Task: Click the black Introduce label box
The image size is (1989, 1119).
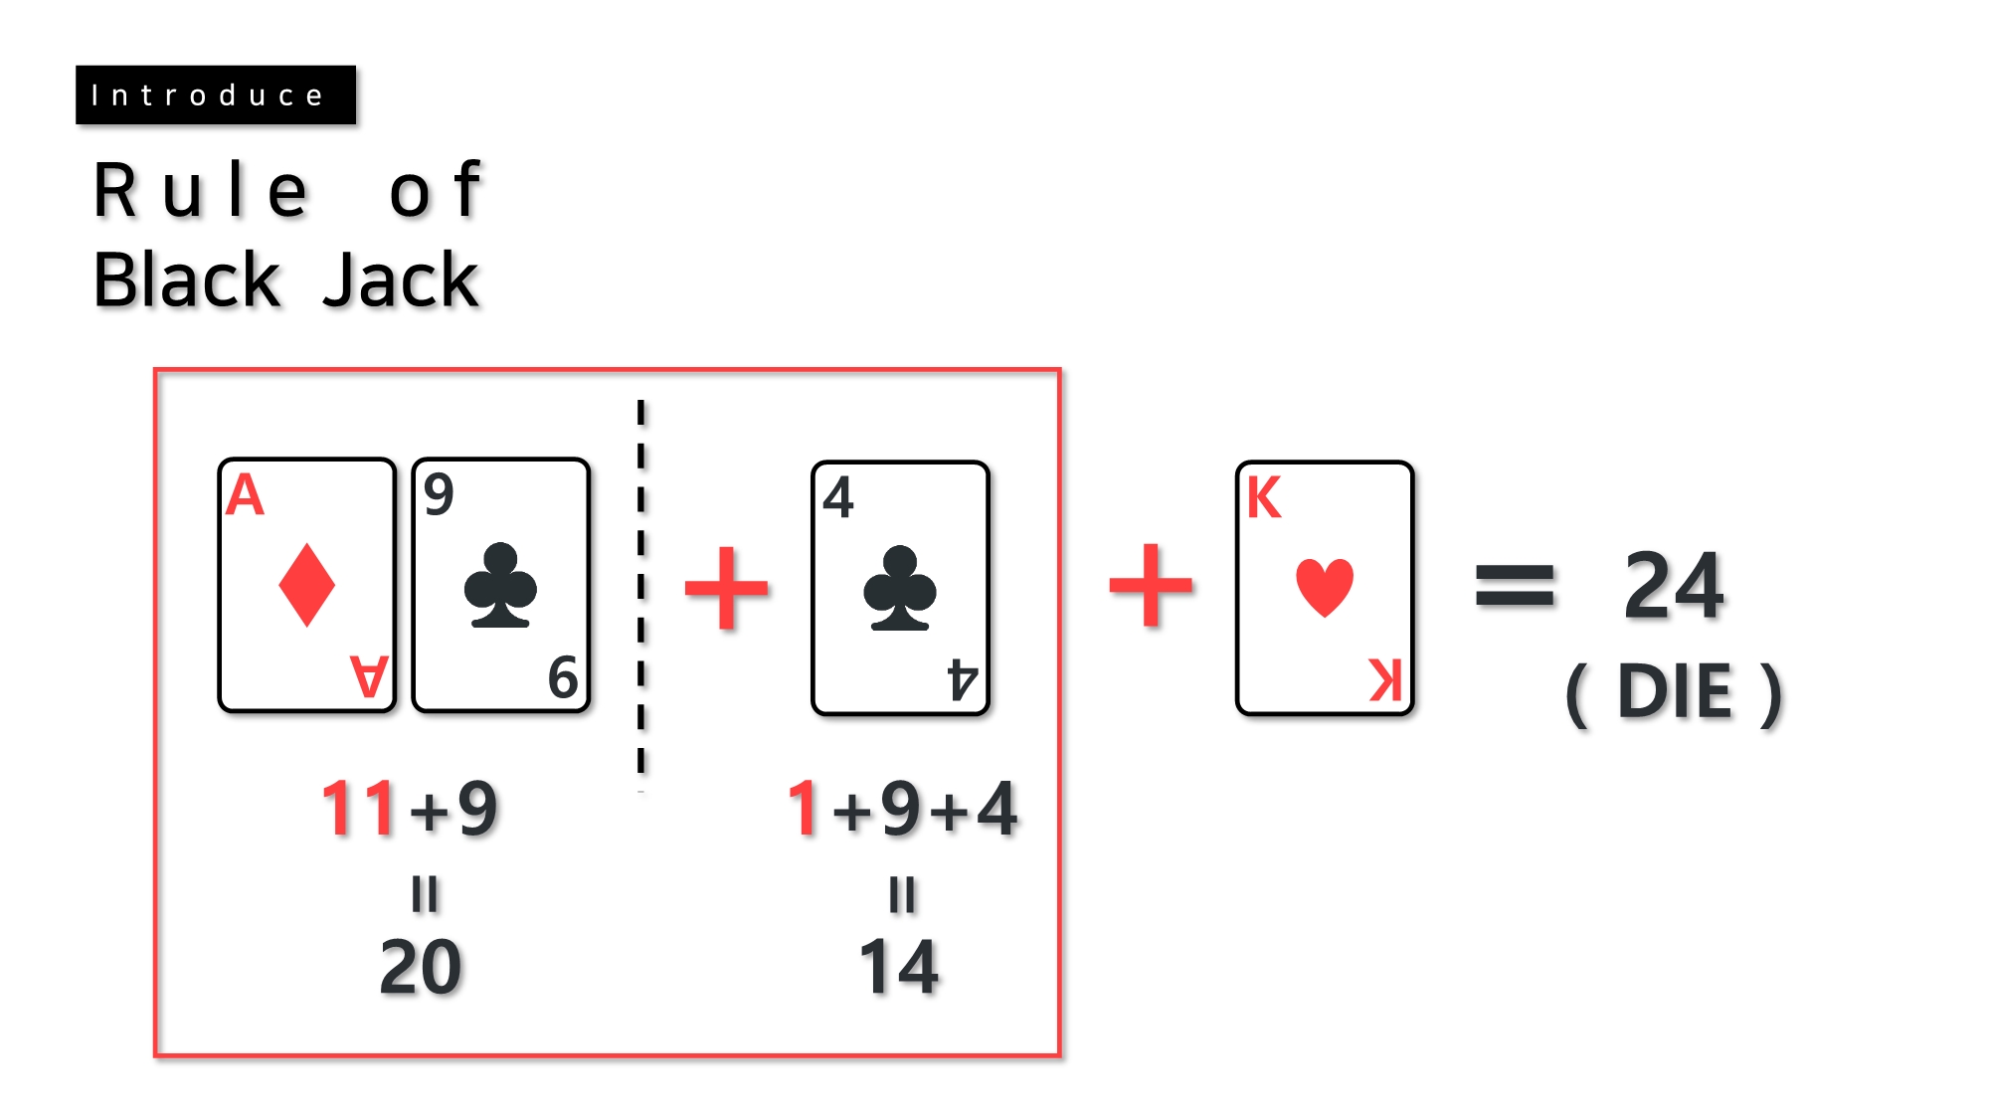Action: pos(215,95)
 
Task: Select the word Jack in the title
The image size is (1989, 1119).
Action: pos(401,280)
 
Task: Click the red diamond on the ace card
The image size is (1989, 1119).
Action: pos(306,585)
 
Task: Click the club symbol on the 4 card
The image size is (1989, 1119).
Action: pos(899,588)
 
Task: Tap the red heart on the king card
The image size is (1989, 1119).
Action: pos(1325,587)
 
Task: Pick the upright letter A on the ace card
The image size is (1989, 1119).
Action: pos(245,495)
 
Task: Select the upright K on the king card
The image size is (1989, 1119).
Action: pos(1264,498)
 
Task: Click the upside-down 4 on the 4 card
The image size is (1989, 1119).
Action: pos(962,679)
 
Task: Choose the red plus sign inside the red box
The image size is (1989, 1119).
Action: pos(727,588)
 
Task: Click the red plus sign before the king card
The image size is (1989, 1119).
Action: pos(1151,586)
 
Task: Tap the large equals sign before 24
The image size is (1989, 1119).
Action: pos(1514,585)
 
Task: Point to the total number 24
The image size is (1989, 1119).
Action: pos(1674,586)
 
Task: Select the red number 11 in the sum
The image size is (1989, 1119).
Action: pos(358,808)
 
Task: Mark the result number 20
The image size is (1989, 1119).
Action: pos(421,967)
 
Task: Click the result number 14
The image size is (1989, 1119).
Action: pos(899,967)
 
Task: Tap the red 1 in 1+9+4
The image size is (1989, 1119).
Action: pos(803,808)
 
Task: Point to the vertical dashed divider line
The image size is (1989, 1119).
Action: pos(641,587)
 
